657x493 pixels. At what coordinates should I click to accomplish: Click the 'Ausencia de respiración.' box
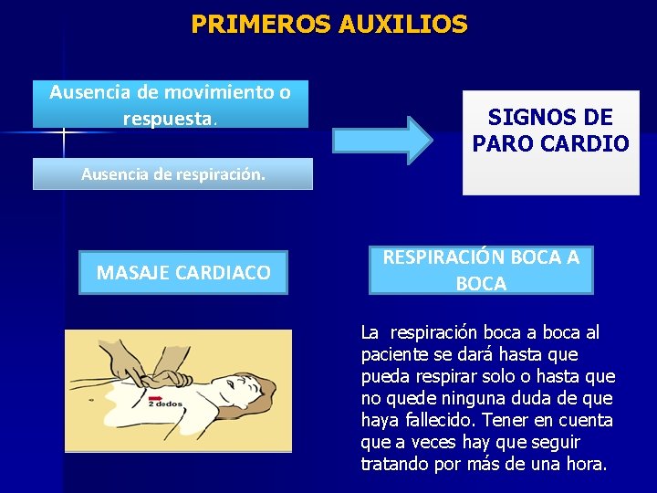tap(172, 173)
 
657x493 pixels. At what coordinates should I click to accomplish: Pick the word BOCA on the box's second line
tap(481, 284)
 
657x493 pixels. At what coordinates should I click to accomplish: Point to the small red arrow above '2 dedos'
tap(156, 399)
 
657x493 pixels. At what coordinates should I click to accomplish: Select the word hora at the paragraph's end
tap(585, 464)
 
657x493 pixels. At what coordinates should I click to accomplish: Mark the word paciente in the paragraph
tap(391, 354)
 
